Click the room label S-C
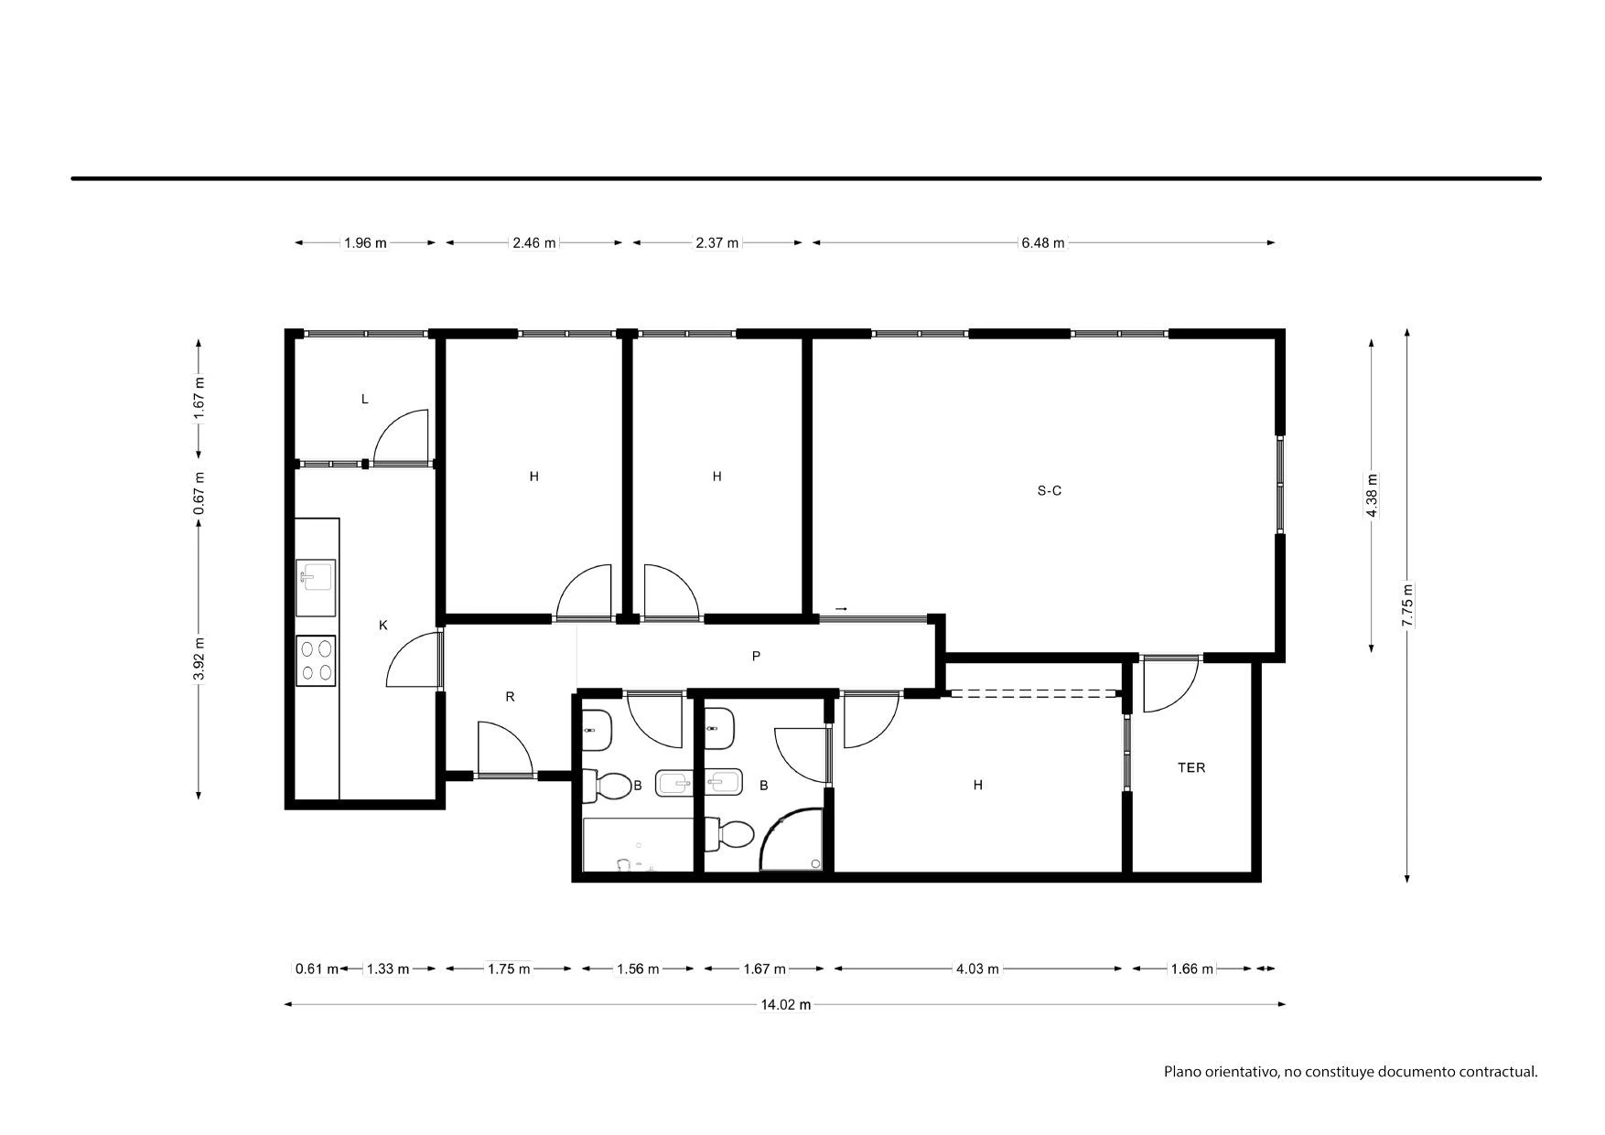point(1049,491)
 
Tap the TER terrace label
point(1191,768)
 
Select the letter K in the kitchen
point(383,626)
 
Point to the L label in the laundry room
point(365,400)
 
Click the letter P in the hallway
point(756,656)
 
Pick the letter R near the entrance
point(510,697)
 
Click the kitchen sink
point(316,588)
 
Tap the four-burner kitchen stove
point(316,660)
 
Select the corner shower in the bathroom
point(792,839)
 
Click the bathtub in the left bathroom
point(638,845)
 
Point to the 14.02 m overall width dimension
point(786,1004)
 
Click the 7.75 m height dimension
point(1407,605)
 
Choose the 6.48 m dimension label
point(1043,243)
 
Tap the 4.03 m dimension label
point(977,969)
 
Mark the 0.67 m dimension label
point(199,492)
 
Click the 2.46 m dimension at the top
point(534,243)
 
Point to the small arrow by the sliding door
point(841,609)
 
